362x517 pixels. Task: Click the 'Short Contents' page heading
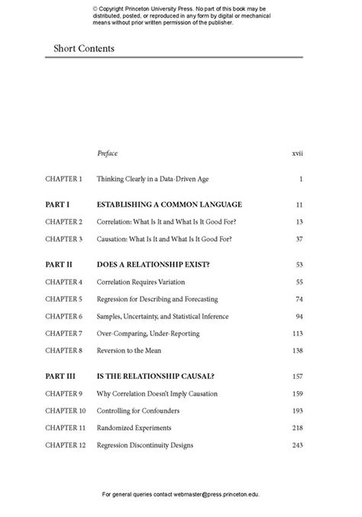click(84, 49)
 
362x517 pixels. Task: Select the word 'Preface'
click(108, 153)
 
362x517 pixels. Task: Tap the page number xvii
click(298, 153)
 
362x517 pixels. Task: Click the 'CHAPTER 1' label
click(63, 179)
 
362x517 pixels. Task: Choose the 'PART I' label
click(57, 205)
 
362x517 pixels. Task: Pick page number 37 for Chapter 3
click(299, 239)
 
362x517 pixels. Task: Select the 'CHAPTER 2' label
click(63, 221)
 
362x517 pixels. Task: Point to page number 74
click(299, 299)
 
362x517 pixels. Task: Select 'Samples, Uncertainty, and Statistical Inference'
click(173, 316)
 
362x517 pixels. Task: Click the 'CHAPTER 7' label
click(63, 333)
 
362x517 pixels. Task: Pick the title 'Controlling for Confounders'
click(140, 411)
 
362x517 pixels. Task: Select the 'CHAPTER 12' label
click(65, 445)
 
